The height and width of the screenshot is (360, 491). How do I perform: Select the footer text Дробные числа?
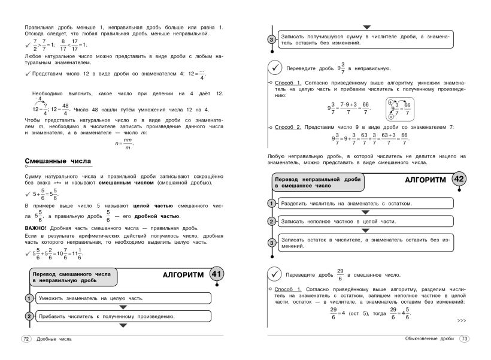click(x=54, y=339)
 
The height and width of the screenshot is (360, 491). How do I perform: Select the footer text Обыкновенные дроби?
click(x=427, y=339)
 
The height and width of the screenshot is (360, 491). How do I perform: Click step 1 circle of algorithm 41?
click(x=28, y=298)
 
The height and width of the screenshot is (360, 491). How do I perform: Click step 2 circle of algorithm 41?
click(x=28, y=316)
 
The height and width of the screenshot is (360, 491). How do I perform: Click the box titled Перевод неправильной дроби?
click(x=314, y=182)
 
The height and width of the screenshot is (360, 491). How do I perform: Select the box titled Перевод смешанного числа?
click(x=72, y=277)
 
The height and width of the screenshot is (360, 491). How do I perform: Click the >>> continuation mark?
click(x=461, y=320)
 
